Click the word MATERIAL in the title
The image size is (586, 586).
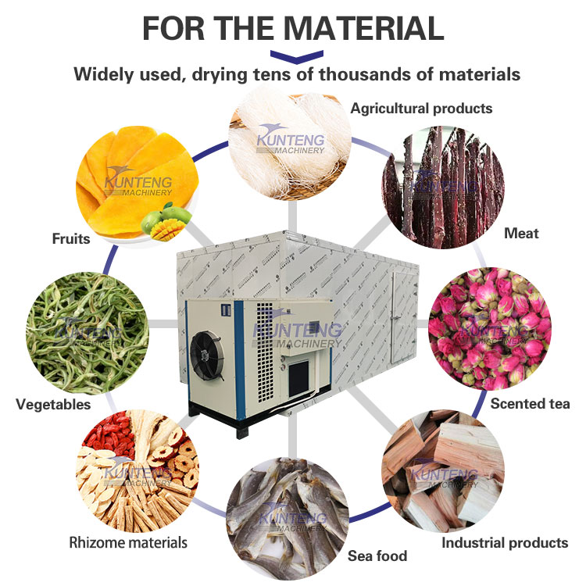(363, 27)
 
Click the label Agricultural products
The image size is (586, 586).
(421, 108)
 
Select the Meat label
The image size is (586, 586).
(521, 233)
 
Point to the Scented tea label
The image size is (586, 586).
(530, 404)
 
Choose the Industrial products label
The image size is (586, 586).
(505, 542)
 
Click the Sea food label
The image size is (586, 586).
(377, 556)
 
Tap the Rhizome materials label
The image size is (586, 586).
(128, 542)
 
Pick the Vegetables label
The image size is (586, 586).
(53, 405)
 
